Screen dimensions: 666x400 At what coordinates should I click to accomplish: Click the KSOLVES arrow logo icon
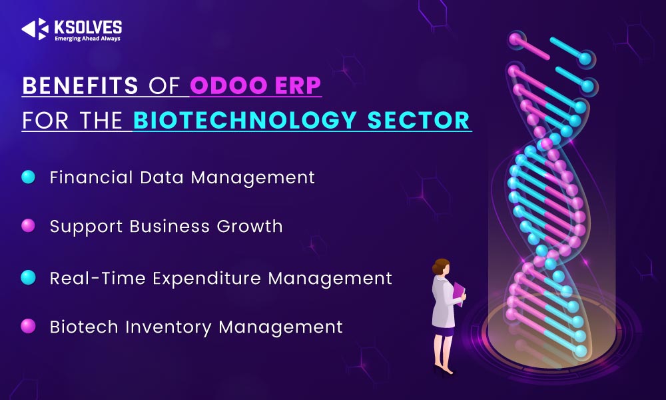(x=35, y=29)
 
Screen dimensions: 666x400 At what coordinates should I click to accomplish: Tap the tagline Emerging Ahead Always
(x=87, y=39)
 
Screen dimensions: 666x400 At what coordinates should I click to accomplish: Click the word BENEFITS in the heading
(x=81, y=85)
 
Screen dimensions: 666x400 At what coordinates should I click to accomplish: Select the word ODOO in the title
(x=228, y=85)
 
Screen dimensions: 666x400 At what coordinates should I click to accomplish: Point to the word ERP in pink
(x=298, y=85)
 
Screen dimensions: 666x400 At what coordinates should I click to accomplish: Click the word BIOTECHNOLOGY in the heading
(x=244, y=120)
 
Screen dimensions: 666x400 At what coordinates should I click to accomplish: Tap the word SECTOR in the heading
(x=418, y=120)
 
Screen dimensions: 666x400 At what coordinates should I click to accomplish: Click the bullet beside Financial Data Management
(x=28, y=177)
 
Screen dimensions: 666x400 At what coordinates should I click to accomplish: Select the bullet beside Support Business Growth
(x=28, y=226)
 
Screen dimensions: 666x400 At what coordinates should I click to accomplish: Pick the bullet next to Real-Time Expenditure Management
(x=28, y=277)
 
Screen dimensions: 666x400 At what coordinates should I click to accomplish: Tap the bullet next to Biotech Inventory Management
(x=28, y=326)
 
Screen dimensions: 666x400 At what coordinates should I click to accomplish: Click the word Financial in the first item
(x=91, y=177)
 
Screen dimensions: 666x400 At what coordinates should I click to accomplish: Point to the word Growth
(x=250, y=226)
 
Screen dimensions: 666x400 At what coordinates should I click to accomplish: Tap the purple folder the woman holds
(x=459, y=293)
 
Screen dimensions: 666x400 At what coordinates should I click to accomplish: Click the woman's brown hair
(x=440, y=267)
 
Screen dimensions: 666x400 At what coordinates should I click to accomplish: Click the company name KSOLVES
(x=88, y=27)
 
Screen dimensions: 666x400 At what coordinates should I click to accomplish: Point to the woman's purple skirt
(x=444, y=331)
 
